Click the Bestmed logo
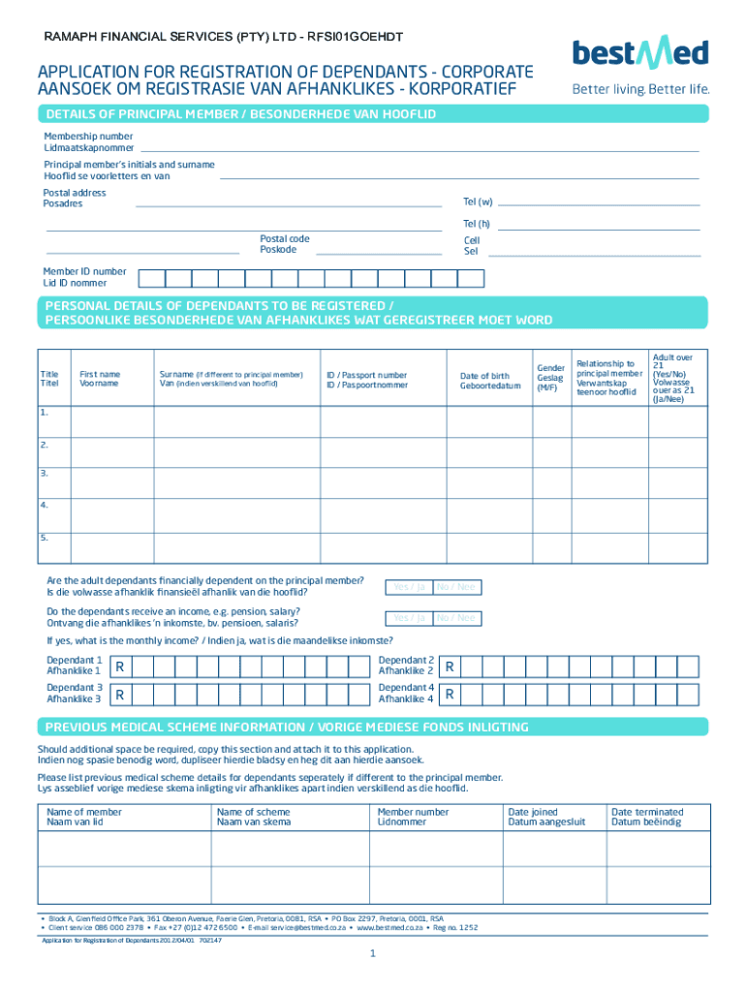[x=640, y=53]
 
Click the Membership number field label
[x=88, y=142]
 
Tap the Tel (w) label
[x=478, y=201]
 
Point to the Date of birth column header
[x=484, y=381]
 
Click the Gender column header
[x=550, y=378]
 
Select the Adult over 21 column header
[x=672, y=378]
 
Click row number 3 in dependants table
[x=45, y=473]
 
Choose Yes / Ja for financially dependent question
[x=408, y=587]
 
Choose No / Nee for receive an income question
[x=455, y=618]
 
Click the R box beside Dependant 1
[x=119, y=666]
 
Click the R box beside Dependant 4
[x=450, y=695]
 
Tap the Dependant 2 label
[x=406, y=665]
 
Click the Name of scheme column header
[x=254, y=817]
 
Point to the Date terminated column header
[x=646, y=817]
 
